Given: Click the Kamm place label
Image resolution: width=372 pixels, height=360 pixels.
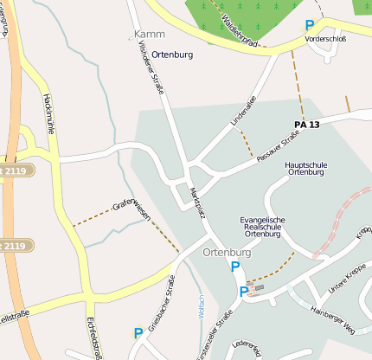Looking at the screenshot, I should pyautogui.click(x=149, y=34).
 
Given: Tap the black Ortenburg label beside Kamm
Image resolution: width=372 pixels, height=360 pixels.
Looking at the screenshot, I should pyautogui.click(x=172, y=55).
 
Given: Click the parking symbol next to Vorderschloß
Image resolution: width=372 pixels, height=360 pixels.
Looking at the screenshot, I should pyautogui.click(x=309, y=26).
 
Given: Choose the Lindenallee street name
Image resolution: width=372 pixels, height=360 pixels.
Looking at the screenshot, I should pyautogui.click(x=245, y=112).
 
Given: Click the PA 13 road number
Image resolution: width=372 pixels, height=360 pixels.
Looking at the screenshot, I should pyautogui.click(x=306, y=125).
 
